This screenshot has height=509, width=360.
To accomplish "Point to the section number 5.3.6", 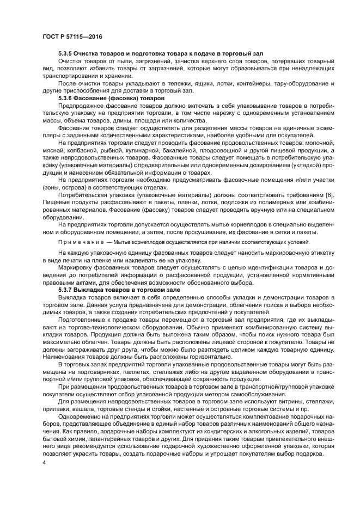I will coord(68,98).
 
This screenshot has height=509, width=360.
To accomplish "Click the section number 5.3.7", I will coord(68,291).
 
